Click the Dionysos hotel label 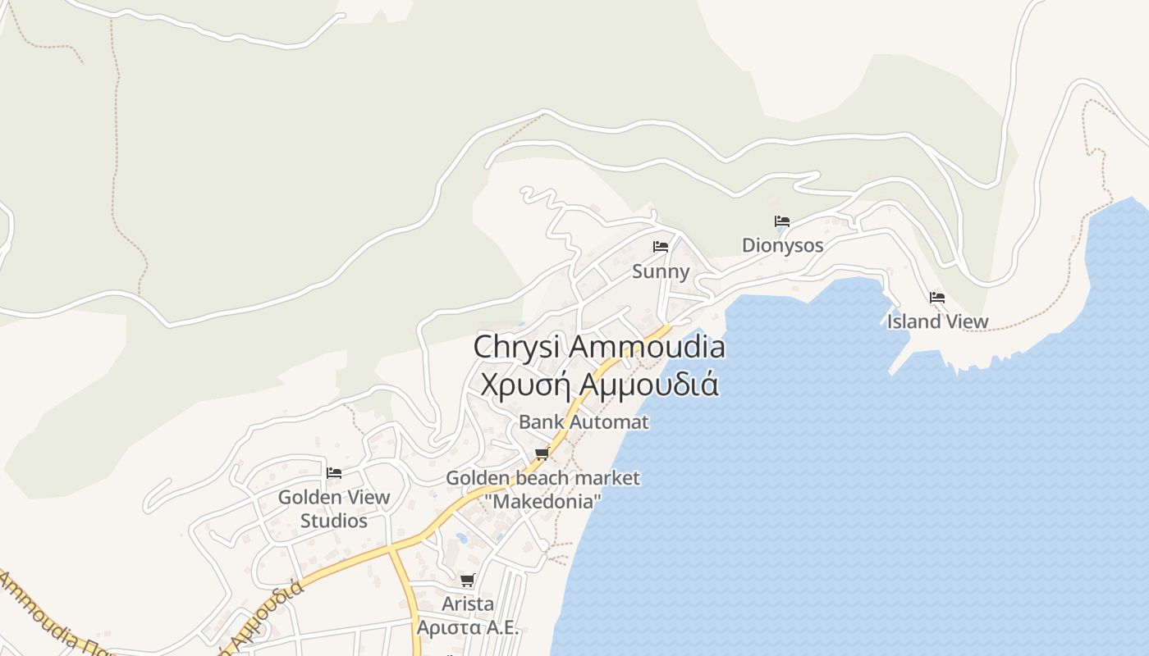[x=782, y=245]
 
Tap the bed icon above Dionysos [x=782, y=221]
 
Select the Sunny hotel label [x=661, y=271]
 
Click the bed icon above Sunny [x=661, y=247]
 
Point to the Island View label [x=937, y=321]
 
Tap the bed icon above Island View [x=937, y=298]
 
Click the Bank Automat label [x=584, y=422]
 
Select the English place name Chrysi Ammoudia [x=599, y=347]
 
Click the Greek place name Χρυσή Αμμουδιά [x=599, y=384]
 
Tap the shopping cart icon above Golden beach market [x=542, y=453]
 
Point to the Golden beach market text [x=542, y=478]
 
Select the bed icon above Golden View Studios [x=334, y=473]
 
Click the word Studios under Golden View [x=334, y=521]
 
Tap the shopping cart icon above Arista [x=468, y=581]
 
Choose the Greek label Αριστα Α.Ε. [x=468, y=628]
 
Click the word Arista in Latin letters [x=468, y=604]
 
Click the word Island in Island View [x=913, y=321]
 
